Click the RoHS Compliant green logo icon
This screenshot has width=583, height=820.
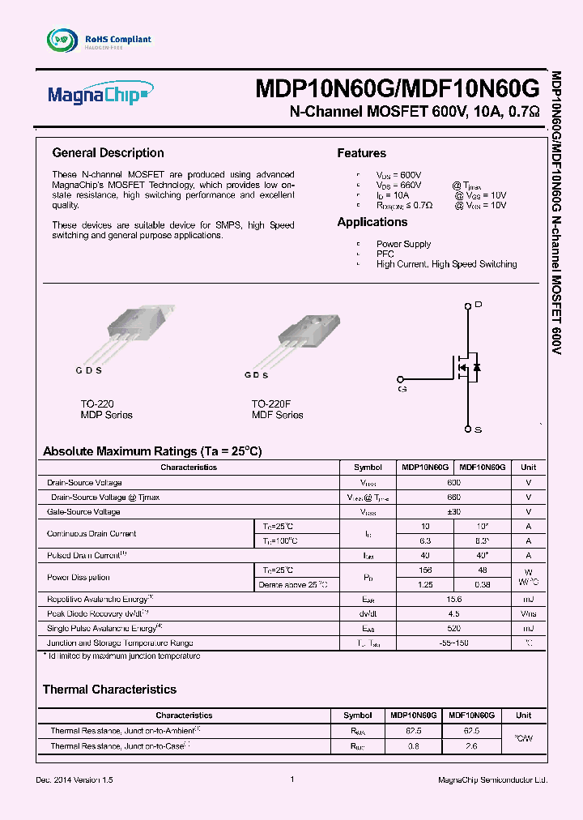(60, 39)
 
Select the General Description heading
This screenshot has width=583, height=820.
(108, 153)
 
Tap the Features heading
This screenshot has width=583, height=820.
(361, 153)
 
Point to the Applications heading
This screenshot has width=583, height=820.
(372, 222)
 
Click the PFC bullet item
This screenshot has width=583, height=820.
(385, 254)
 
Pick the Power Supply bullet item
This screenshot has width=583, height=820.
(403, 244)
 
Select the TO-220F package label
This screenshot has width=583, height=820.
(270, 404)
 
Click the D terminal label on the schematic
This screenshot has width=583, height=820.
(478, 305)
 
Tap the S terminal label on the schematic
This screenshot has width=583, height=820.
(478, 429)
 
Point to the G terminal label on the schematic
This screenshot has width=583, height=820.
(402, 389)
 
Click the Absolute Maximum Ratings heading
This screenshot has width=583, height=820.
(152, 451)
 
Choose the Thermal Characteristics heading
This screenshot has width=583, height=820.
(109, 690)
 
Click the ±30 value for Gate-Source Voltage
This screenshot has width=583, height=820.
(453, 512)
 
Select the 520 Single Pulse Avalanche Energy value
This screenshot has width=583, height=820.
(453, 628)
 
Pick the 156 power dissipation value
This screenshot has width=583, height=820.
(425, 570)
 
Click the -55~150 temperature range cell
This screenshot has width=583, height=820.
(453, 643)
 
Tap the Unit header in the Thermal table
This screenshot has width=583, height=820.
(524, 715)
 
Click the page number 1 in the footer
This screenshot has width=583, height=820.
(291, 779)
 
